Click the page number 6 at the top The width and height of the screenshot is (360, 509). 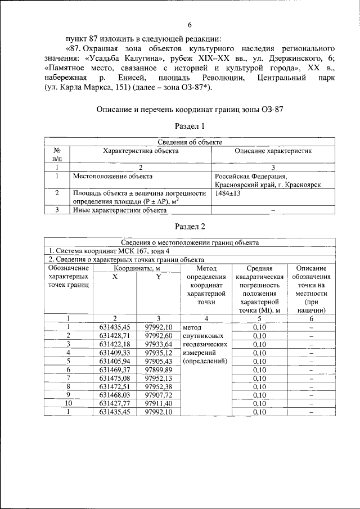click(x=190, y=25)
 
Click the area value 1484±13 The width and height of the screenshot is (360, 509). click(x=228, y=193)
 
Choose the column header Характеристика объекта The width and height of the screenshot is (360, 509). click(x=141, y=151)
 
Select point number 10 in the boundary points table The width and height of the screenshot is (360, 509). click(x=68, y=403)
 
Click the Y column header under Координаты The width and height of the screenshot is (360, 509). click(x=159, y=277)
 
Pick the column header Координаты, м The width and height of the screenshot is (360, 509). click(x=136, y=268)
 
